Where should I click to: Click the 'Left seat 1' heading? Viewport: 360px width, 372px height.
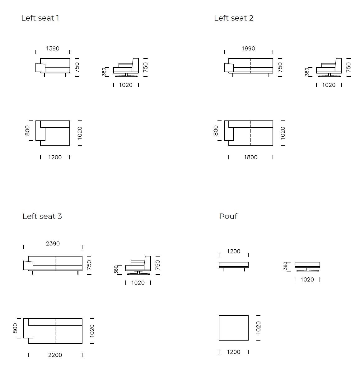point(40,18)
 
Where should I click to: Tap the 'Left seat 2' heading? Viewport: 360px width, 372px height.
point(234,18)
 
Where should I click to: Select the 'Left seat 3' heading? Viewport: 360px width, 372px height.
point(42,216)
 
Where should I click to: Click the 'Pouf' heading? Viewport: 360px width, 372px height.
point(228,216)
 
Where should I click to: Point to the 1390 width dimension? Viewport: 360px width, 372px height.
point(53,49)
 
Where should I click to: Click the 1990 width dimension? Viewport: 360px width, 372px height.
point(248,49)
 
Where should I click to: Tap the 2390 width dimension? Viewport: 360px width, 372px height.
point(53,244)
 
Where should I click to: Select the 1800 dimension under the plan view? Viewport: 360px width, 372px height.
point(251,157)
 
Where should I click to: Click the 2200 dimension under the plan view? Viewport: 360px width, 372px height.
point(55,355)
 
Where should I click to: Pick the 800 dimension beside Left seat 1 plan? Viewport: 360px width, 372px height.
point(27,130)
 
